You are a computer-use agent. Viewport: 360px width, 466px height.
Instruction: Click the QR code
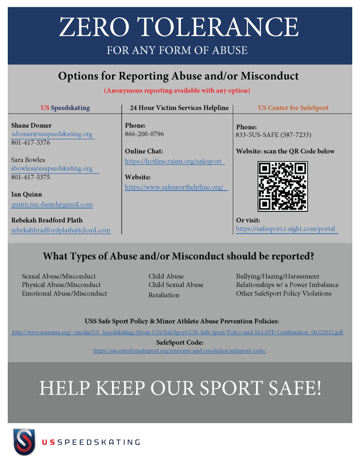pyautogui.click(x=283, y=187)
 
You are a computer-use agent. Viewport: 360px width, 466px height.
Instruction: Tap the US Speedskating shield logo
pyautogui.click(x=24, y=441)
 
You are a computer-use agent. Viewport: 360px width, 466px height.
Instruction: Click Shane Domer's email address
pyautogui.click(x=52, y=134)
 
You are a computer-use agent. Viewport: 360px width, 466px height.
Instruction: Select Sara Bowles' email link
pyautogui.click(x=52, y=169)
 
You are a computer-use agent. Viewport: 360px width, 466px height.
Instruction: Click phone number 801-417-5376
pyautogui.click(x=31, y=143)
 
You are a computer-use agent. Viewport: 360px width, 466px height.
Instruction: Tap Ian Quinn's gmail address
pyautogui.click(x=52, y=205)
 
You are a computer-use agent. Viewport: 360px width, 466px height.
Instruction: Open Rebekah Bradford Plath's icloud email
pyautogui.click(x=61, y=230)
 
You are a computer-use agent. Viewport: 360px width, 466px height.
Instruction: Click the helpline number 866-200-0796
pyautogui.click(x=144, y=134)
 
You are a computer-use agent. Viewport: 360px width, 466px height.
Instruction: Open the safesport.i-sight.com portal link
pyautogui.click(x=286, y=229)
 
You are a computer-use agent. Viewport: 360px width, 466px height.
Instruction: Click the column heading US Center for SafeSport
pyautogui.click(x=293, y=108)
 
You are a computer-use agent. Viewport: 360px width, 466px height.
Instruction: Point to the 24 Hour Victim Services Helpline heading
pyautogui.click(x=179, y=108)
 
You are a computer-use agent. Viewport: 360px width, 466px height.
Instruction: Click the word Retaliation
pyautogui.click(x=164, y=295)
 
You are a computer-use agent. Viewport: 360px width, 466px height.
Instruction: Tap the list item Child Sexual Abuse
pyautogui.click(x=176, y=285)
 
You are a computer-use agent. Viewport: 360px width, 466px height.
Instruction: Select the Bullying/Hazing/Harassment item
pyautogui.click(x=278, y=277)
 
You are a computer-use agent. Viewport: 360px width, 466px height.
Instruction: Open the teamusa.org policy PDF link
pyautogui.click(x=178, y=333)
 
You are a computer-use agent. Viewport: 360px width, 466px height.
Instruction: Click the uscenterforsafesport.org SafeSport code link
pyautogui.click(x=180, y=351)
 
